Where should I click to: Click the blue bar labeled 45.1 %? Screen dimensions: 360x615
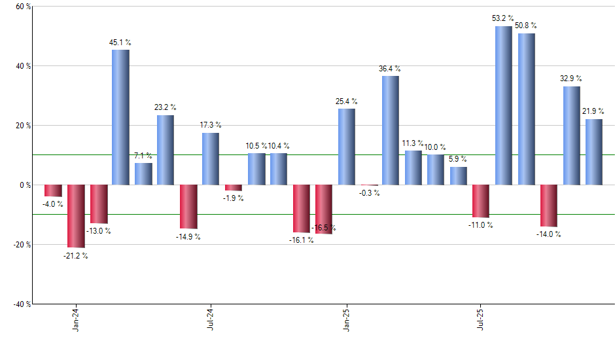[x=120, y=117]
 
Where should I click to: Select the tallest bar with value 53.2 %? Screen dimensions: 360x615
[x=504, y=105]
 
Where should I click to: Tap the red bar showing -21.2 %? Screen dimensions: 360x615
[x=76, y=216]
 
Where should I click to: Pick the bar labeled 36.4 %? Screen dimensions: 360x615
[x=391, y=130]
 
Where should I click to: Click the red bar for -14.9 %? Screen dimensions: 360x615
[x=188, y=207]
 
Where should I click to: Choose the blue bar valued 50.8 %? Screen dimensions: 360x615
[x=526, y=109]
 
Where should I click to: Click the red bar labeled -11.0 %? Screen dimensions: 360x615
[x=481, y=201]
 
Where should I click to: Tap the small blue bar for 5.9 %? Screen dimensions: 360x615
[x=459, y=176]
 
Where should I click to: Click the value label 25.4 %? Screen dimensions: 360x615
[x=346, y=101]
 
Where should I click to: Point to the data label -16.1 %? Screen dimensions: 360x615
[x=301, y=240]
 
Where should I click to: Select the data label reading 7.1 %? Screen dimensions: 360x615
[x=143, y=156]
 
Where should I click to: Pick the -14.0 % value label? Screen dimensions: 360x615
[x=548, y=234]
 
